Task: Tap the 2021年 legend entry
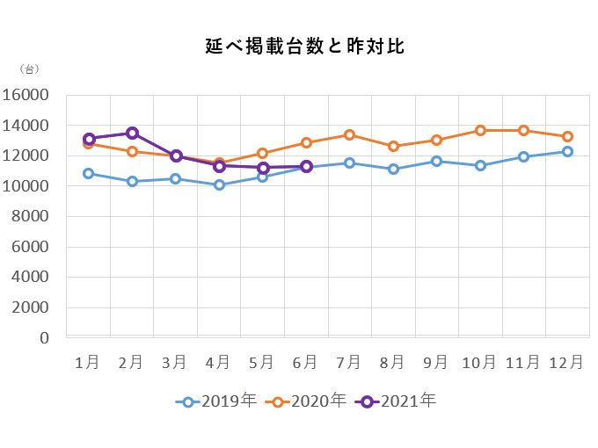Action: click(x=397, y=401)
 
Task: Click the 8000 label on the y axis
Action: click(x=30, y=217)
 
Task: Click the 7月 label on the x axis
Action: click(x=348, y=361)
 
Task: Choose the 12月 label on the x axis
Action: click(x=565, y=361)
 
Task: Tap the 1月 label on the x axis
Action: click(x=87, y=361)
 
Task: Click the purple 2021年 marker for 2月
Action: click(x=132, y=134)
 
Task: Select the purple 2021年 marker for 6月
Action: click(x=306, y=166)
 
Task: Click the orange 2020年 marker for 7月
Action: click(x=349, y=135)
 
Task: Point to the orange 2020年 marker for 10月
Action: click(x=480, y=130)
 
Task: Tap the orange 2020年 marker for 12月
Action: click(x=567, y=136)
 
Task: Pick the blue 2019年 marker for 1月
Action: click(x=89, y=173)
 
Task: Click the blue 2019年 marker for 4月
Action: click(x=219, y=184)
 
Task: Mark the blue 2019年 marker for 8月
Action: click(x=393, y=169)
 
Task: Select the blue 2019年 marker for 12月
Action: click(x=567, y=151)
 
